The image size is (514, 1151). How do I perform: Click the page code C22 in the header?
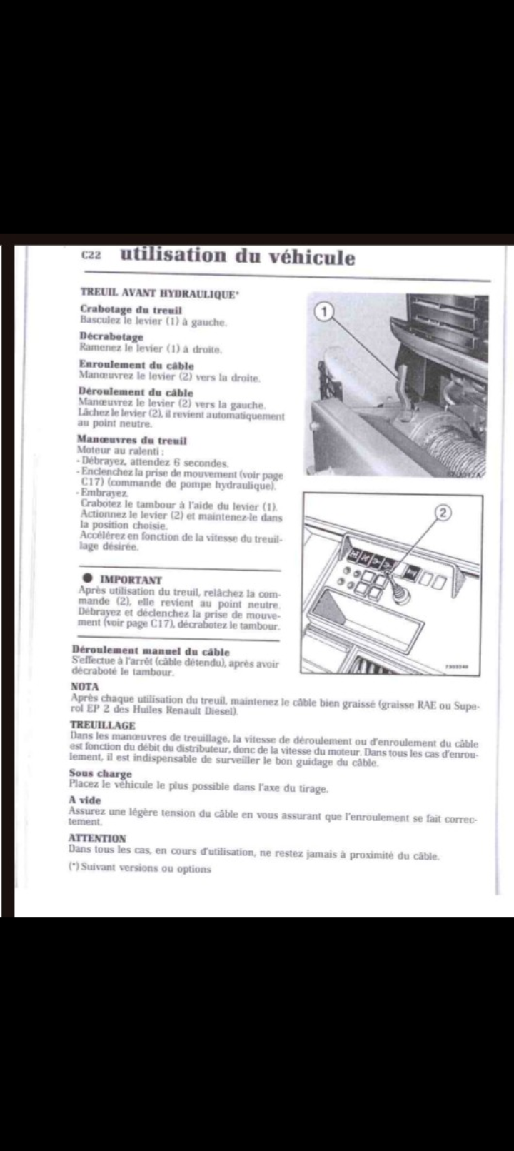[x=91, y=256]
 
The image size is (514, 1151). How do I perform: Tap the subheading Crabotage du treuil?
[x=131, y=310]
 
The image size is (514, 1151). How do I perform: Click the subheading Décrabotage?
[x=111, y=336]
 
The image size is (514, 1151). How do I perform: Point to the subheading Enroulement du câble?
[x=136, y=364]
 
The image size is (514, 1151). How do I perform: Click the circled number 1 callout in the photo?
[x=325, y=311]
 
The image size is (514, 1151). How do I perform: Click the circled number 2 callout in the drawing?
[x=443, y=512]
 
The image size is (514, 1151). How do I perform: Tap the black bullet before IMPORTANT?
[x=87, y=578]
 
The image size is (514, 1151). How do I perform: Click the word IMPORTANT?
[x=131, y=580]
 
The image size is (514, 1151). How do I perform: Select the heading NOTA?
[x=84, y=686]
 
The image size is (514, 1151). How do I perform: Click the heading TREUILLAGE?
[x=102, y=725]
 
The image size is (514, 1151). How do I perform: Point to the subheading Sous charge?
[x=100, y=773]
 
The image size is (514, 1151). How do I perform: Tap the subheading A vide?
[x=85, y=800]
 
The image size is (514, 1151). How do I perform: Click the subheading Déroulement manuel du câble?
[x=151, y=651]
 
